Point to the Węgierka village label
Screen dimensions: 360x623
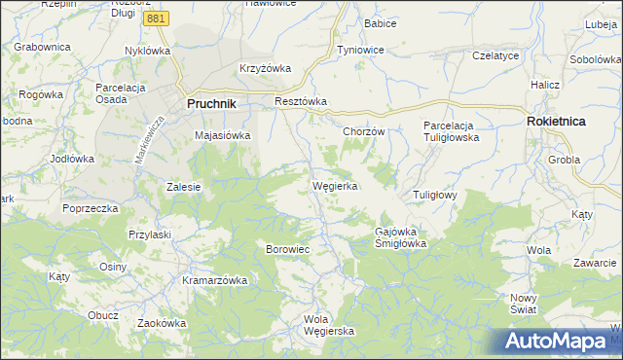(336, 185)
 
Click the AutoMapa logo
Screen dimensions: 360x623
(559, 342)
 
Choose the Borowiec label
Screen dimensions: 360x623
(287, 249)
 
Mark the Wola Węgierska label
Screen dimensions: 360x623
(329, 325)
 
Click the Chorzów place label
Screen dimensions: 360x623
(365, 131)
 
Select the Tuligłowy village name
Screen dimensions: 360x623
(435, 195)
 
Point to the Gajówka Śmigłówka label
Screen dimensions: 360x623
(402, 237)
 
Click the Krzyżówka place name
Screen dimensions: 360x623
(266, 68)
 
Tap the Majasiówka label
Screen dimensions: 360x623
(223, 136)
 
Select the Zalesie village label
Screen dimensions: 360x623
(183, 187)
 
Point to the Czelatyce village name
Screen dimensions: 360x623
(495, 56)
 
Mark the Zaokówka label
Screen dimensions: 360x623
(161, 323)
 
